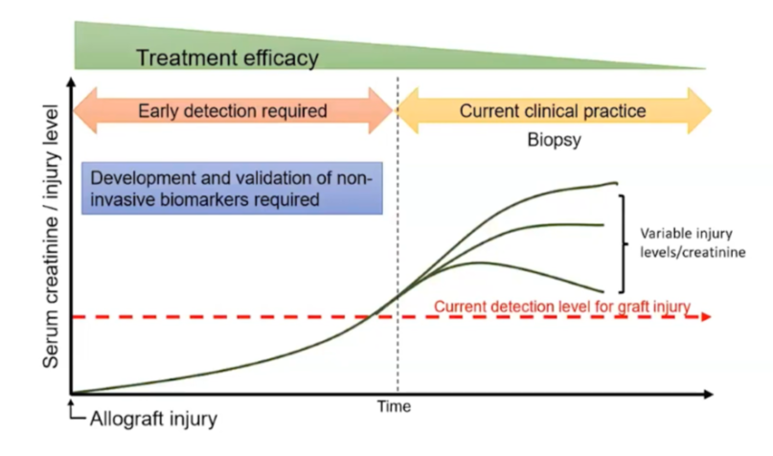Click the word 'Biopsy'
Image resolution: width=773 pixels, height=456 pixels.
pos(555,139)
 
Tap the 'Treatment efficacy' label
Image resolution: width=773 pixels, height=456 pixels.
pos(227,57)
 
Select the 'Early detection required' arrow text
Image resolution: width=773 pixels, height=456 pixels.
pos(233,110)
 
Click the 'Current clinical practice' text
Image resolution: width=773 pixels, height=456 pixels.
pos(553,110)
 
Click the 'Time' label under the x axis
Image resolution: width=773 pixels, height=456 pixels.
pos(393,406)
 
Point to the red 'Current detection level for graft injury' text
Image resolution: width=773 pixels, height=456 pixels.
pos(562,307)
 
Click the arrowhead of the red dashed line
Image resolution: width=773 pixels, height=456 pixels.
pos(705,316)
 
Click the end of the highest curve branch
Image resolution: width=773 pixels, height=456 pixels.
pos(615,182)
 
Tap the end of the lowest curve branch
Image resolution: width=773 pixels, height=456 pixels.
pos(603,291)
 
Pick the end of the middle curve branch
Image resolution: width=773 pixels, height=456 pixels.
pos(603,225)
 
